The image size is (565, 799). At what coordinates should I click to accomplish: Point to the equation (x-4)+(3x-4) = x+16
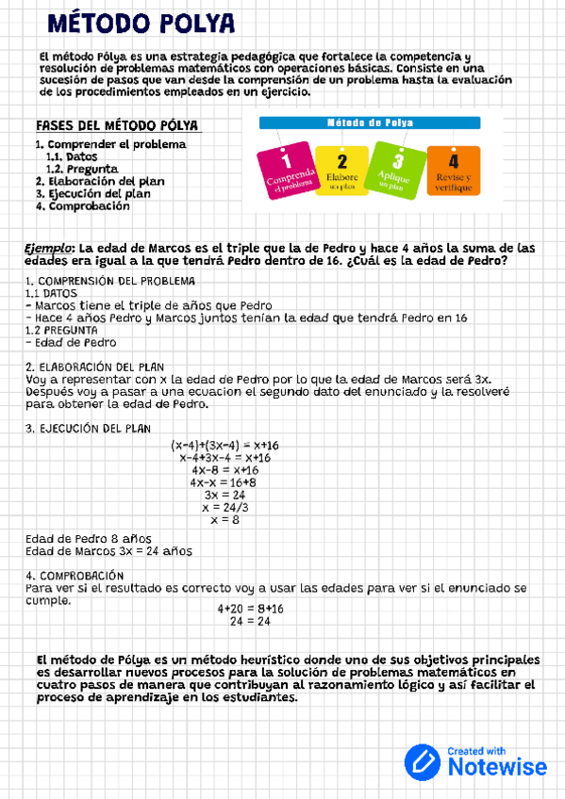[x=230, y=445]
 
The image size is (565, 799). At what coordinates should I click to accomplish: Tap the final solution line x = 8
[x=224, y=519]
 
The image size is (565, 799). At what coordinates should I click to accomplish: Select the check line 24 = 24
[x=250, y=621]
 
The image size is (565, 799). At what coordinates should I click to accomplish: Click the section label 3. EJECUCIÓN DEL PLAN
[x=88, y=428]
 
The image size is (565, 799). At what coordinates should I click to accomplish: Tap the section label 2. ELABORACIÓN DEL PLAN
[x=95, y=367]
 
